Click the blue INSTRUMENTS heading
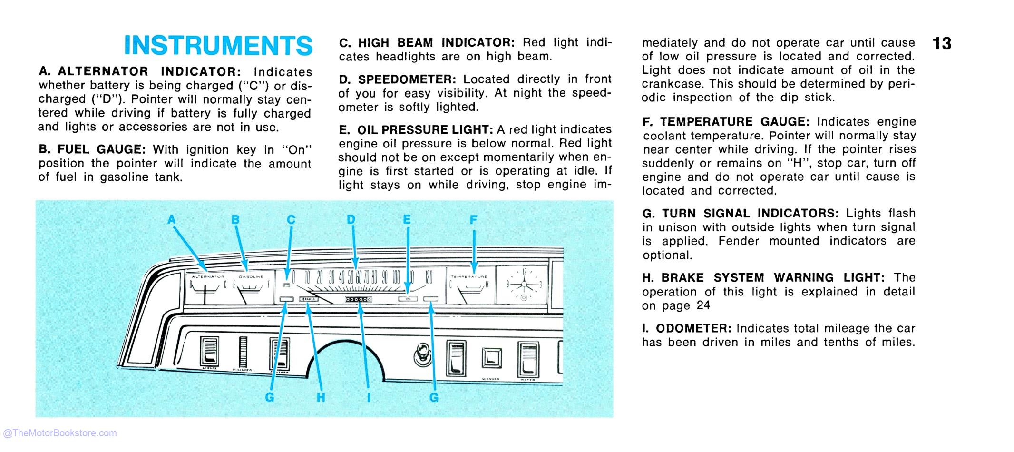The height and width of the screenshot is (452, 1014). point(218,46)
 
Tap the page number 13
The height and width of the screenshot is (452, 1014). point(942,44)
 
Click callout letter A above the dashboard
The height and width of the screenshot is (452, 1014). point(172,219)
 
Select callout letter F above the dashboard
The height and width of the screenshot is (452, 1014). point(473,220)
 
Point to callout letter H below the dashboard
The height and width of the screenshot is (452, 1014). point(321,397)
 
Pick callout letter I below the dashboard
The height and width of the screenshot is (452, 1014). point(369,397)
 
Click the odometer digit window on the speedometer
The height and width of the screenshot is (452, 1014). point(359,299)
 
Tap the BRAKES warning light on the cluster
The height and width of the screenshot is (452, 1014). point(308,299)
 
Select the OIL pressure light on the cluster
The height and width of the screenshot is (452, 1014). point(408,299)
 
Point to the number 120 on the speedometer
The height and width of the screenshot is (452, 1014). point(429,277)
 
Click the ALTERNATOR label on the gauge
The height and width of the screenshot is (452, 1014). point(208,277)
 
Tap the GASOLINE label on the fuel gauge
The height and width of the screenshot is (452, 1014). point(251,277)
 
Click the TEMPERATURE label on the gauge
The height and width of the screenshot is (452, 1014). point(469,277)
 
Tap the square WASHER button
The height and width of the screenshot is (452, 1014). point(491,358)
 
